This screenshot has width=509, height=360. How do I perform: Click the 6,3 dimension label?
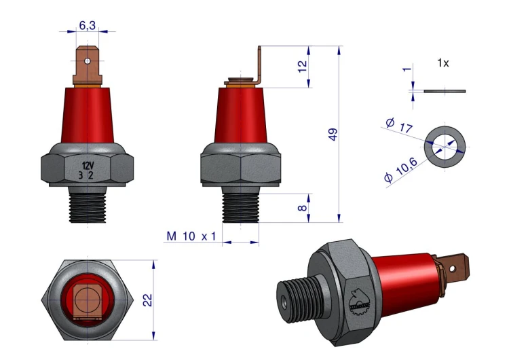[x=88, y=25]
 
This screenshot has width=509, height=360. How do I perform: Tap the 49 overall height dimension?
[x=333, y=134]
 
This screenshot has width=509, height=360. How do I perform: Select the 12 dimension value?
[x=302, y=67]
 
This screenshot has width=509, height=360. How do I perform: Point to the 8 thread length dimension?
[x=302, y=208]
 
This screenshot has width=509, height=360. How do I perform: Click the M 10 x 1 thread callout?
[x=191, y=236]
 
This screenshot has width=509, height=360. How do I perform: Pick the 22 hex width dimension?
[x=147, y=300]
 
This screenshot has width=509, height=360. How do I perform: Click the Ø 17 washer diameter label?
[x=399, y=126]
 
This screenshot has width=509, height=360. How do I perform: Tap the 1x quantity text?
[x=443, y=62]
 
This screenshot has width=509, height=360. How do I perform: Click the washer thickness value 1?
[x=407, y=69]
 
